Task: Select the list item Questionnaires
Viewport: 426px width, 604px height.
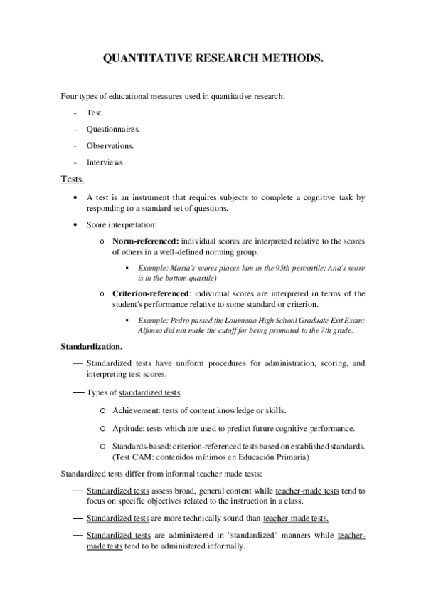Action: coord(113,129)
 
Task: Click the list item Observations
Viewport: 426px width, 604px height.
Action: coord(110,145)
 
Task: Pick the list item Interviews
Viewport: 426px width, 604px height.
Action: coord(106,162)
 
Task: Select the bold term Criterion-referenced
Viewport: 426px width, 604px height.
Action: coord(150,293)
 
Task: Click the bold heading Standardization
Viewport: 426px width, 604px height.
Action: coord(91,347)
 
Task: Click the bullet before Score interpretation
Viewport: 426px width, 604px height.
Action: coord(75,224)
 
